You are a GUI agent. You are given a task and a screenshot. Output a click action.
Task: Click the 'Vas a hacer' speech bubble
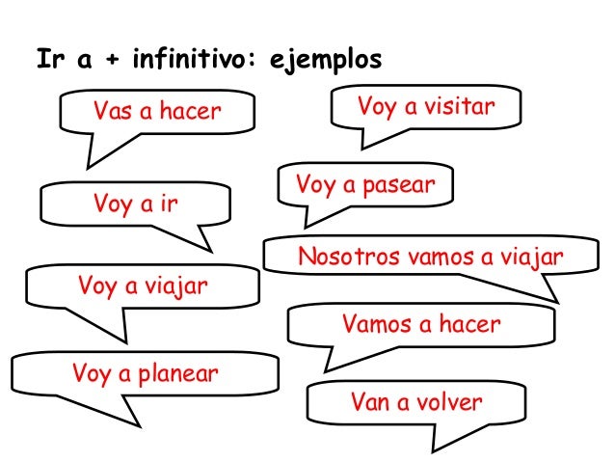coord(155,113)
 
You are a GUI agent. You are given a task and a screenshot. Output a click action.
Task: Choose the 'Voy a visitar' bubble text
coord(425,105)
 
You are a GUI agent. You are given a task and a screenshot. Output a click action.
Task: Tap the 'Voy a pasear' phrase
coord(365,183)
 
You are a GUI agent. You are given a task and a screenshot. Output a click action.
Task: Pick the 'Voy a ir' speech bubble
coord(136,204)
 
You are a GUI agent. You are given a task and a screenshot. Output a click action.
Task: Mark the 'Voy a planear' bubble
coord(145,373)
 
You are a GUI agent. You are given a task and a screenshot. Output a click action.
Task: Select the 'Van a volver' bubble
coord(415,401)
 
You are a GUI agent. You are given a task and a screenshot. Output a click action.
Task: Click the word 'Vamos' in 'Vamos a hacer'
coord(374,325)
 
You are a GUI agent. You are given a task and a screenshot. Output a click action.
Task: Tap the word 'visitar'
coord(461,105)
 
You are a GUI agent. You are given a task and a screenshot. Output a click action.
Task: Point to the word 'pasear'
coord(400,184)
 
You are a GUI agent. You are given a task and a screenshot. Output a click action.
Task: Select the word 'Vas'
coord(111,113)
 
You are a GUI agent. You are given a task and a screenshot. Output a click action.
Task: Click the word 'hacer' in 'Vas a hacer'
coord(189,113)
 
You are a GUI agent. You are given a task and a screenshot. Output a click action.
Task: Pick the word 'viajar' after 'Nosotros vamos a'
coord(528,258)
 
